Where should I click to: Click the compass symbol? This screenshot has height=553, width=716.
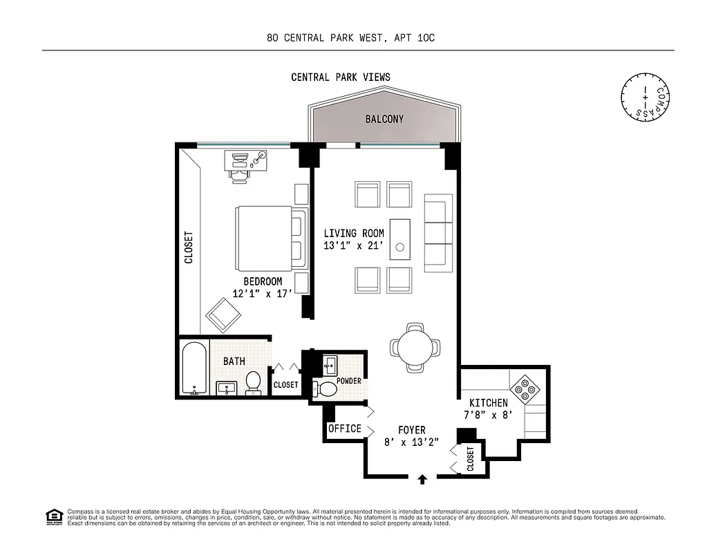point(646,95)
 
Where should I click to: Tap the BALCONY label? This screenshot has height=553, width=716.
point(384,119)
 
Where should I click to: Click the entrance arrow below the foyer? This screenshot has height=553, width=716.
point(424,478)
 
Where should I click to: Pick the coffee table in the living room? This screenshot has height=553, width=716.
point(400,239)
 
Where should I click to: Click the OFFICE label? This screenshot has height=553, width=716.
point(344,429)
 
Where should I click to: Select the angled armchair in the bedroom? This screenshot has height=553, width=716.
point(223,315)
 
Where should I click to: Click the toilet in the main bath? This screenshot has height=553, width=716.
point(254,383)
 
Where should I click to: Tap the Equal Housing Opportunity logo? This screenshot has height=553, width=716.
point(53,516)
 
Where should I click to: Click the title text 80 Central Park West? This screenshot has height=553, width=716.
point(350,38)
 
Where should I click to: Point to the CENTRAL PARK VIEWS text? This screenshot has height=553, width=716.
point(340,77)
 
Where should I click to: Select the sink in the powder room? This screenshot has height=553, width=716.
point(330,364)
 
